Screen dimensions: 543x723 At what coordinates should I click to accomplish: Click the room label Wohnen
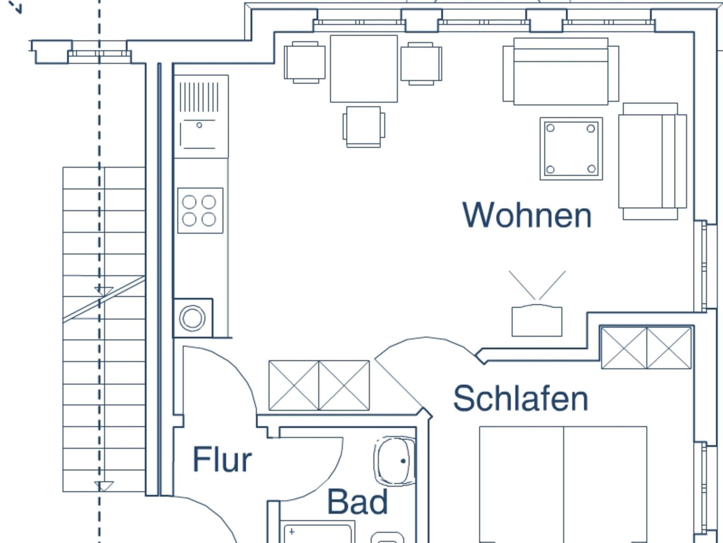pos(527,215)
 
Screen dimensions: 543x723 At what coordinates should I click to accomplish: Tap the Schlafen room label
pos(520,399)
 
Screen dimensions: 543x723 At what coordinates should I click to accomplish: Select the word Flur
pos(222,459)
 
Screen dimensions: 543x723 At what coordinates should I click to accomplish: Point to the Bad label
pos(358,502)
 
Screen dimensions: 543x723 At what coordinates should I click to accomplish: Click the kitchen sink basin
pos(198,135)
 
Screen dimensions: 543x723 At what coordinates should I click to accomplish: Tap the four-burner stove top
pos(200,210)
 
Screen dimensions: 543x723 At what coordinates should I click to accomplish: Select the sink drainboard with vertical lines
pos(199,97)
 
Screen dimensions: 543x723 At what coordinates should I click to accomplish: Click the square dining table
pos(364,68)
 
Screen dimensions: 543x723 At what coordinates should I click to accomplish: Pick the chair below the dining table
pos(364,126)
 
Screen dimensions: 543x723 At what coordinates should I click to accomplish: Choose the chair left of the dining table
pos(305,62)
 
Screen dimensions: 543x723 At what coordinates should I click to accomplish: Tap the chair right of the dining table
pos(421,64)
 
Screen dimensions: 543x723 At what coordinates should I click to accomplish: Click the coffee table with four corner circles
pos(571,149)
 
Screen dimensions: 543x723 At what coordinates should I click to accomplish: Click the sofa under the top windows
pos(561,72)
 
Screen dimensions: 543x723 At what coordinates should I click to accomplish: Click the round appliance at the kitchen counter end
pos(192,318)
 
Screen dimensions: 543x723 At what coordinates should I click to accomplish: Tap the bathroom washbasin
pos(395,460)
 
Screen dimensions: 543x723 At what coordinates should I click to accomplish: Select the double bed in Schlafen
pos(563,484)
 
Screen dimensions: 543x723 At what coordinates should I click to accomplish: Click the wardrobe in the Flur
pos(319,385)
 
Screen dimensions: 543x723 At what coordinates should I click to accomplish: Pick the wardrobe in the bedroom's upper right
pos(646,348)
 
